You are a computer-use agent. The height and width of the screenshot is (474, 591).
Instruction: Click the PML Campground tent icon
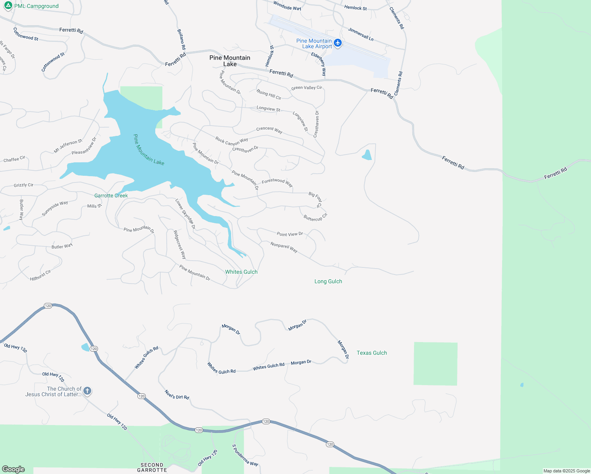(8, 6)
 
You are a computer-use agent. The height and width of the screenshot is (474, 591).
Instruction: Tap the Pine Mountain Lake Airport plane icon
(338, 43)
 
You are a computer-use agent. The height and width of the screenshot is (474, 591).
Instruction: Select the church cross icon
(87, 391)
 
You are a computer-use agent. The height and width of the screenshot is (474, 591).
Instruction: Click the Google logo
(13, 469)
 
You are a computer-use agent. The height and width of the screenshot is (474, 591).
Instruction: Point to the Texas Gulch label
(372, 353)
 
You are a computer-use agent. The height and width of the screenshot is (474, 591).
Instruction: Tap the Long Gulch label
(328, 281)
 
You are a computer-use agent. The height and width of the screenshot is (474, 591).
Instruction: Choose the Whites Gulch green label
(241, 272)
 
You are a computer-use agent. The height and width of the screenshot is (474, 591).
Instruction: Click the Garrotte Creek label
(111, 196)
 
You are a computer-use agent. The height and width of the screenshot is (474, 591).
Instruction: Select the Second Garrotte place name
(152, 467)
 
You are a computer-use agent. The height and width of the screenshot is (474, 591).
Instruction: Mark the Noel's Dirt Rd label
(177, 395)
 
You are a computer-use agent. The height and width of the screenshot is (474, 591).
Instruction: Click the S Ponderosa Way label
(245, 455)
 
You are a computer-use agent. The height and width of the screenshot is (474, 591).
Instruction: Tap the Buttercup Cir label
(315, 217)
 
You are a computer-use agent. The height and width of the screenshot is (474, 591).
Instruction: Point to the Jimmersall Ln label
(361, 34)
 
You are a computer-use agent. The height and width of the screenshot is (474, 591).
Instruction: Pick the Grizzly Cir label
(24, 185)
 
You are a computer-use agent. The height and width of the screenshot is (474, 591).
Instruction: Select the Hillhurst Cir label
(41, 275)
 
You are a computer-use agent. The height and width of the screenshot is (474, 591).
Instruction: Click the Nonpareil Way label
(284, 247)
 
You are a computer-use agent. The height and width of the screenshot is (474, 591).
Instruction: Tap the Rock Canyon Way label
(232, 141)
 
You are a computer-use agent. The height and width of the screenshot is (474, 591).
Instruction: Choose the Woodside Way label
(287, 6)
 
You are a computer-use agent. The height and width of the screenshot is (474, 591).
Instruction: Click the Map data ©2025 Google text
(567, 471)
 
